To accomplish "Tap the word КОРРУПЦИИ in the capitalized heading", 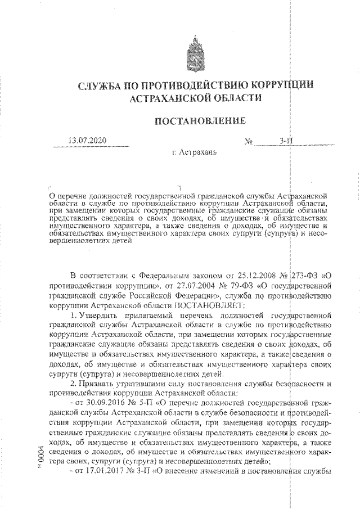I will click(x=281, y=85).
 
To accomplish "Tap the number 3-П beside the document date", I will click(x=287, y=141).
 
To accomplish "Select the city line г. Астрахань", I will click(x=193, y=152).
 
